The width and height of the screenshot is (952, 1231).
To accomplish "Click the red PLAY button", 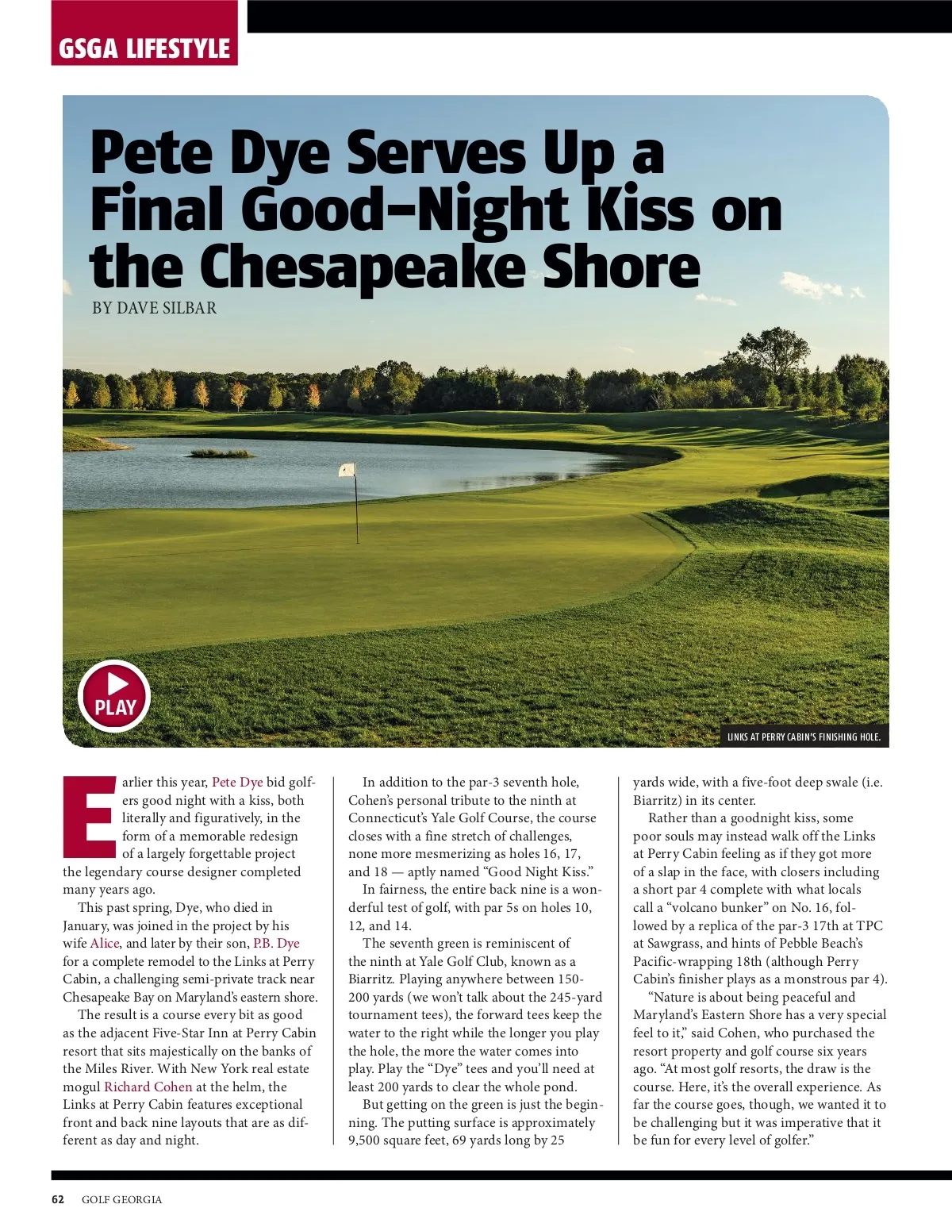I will pyautogui.click(x=114, y=695).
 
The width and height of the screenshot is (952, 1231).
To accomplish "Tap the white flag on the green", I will pyautogui.click(x=347, y=470).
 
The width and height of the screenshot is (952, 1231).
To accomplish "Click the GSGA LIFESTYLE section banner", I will pyautogui.click(x=144, y=48).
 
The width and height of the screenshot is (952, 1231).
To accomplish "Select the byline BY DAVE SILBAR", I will pyautogui.click(x=154, y=308).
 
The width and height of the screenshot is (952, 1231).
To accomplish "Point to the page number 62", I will pyautogui.click(x=58, y=1199).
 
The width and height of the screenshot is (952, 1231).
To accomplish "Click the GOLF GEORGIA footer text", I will pyautogui.click(x=121, y=1199).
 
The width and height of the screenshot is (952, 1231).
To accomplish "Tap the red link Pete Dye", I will pyautogui.click(x=237, y=782).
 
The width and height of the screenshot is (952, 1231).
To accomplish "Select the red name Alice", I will pyautogui.click(x=104, y=943).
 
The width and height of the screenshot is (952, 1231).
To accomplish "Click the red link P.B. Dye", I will pyautogui.click(x=276, y=943).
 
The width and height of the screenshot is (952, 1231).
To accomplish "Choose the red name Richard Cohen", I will pyautogui.click(x=148, y=1087).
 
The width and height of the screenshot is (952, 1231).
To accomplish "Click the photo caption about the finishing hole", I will pyautogui.click(x=804, y=737).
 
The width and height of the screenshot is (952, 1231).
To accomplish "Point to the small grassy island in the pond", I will pyautogui.click(x=221, y=453).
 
